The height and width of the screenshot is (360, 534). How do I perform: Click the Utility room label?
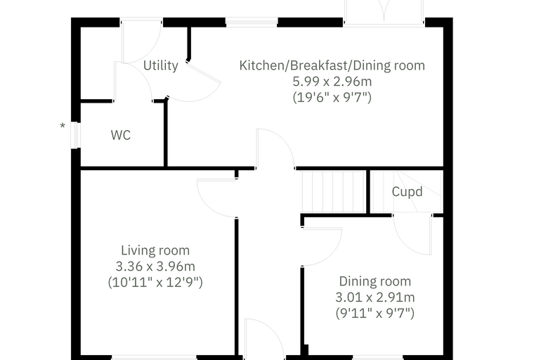click(x=160, y=65)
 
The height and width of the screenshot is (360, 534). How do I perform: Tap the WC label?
click(x=121, y=135)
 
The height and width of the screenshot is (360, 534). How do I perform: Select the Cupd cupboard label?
click(x=407, y=192)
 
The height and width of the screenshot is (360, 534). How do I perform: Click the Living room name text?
click(x=155, y=250)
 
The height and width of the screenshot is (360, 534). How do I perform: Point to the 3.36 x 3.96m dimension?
click(x=155, y=266)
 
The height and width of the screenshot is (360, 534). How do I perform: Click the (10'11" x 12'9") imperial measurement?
click(x=155, y=282)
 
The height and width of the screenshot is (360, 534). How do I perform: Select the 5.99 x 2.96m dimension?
click(x=332, y=82)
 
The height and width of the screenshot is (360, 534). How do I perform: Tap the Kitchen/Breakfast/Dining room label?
click(x=332, y=65)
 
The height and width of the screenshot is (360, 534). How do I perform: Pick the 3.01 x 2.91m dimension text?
click(x=375, y=297)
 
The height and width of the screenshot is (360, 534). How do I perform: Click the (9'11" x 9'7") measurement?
click(x=375, y=313)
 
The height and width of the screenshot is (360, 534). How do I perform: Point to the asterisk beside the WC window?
click(x=63, y=125)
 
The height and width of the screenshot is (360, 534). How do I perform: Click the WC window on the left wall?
click(x=76, y=135)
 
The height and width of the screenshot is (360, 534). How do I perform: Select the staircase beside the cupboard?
click(x=334, y=192)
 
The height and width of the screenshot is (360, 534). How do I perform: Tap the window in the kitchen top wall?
click(x=252, y=22)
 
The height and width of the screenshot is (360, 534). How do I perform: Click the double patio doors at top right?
click(x=384, y=13)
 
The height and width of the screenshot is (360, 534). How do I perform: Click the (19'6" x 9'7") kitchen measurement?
click(x=332, y=98)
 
